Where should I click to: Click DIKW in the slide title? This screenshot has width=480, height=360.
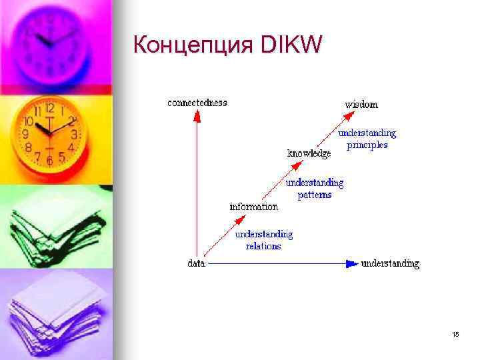pos(292,45)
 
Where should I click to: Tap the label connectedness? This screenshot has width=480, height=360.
pos(197,103)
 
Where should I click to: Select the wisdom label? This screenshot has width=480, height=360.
pos(361,104)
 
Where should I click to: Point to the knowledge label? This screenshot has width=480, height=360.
pos(309,153)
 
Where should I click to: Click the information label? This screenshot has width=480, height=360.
pos(253,207)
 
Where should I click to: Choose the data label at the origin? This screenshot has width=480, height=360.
pos(196,263)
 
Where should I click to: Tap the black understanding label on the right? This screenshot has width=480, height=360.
pos(390,263)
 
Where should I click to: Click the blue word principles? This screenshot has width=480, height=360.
pos(367,145)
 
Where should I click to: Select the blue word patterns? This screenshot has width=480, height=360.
pos(314,195)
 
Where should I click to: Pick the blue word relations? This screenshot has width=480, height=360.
pos(263,246)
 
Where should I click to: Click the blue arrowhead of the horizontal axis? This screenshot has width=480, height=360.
pos(351,263)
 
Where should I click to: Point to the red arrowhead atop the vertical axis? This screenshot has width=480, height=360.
pos(196,115)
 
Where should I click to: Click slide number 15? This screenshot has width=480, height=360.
pos(455,334)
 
